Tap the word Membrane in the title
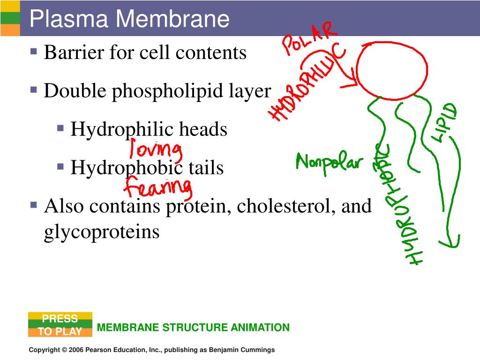[x=173, y=19]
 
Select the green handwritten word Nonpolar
[x=330, y=163]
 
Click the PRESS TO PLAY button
[x=60, y=325]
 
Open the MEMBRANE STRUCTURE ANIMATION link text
[x=193, y=328]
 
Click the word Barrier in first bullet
[x=73, y=52]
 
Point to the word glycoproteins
[x=102, y=232]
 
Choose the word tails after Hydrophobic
[x=206, y=167]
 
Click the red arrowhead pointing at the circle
[x=353, y=83]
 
